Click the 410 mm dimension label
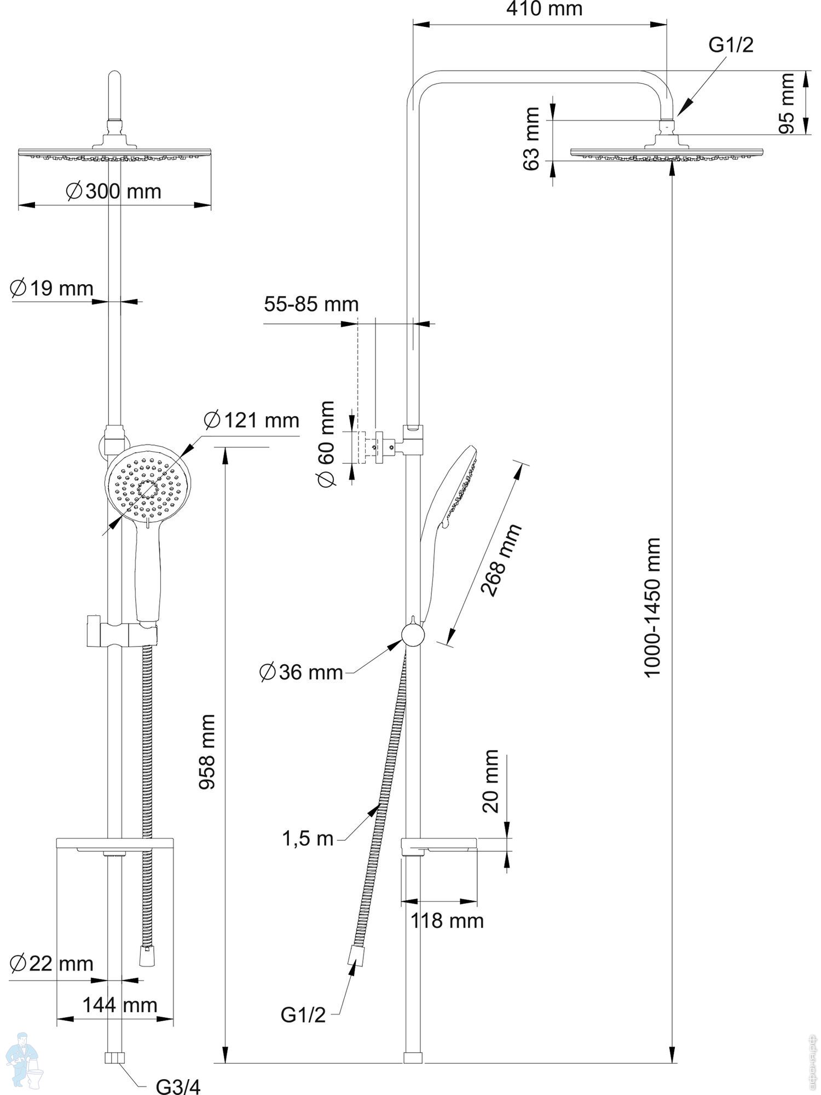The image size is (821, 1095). click(x=544, y=9)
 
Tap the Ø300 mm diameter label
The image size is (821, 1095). click(x=114, y=192)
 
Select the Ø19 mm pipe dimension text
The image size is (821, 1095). click(x=52, y=289)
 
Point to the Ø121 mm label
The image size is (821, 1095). click(x=252, y=420)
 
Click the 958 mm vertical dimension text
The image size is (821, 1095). click(x=207, y=751)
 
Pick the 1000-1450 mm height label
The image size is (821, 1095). click(x=652, y=608)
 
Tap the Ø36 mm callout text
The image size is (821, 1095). click(x=301, y=672)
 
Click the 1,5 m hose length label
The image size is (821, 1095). click(x=308, y=838)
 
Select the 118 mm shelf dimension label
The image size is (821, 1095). click(x=447, y=921)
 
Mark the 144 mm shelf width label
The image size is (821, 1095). click(x=120, y=1005)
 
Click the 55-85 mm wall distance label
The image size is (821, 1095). click(x=311, y=304)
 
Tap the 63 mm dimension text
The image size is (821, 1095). click(x=531, y=139)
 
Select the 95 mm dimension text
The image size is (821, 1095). click(x=787, y=103)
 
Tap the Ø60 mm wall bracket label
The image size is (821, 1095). click(x=326, y=443)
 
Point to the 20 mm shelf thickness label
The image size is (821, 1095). click(x=491, y=781)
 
